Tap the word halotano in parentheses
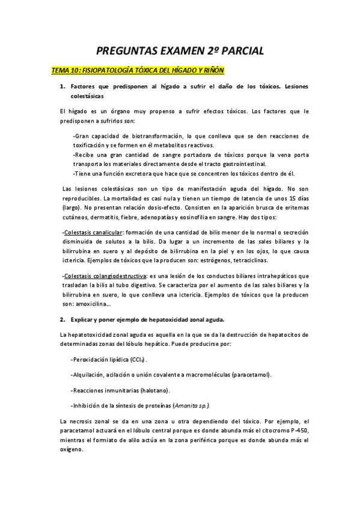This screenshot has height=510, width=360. coord(157,390)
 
